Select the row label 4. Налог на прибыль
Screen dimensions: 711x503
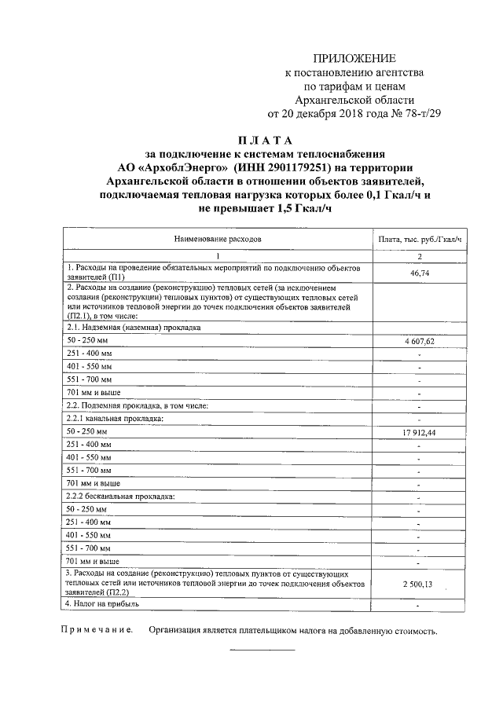pyautogui.click(x=102, y=604)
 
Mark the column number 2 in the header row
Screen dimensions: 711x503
pyautogui.click(x=418, y=256)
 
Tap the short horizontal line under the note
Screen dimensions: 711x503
pyautogui.click(x=262, y=650)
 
